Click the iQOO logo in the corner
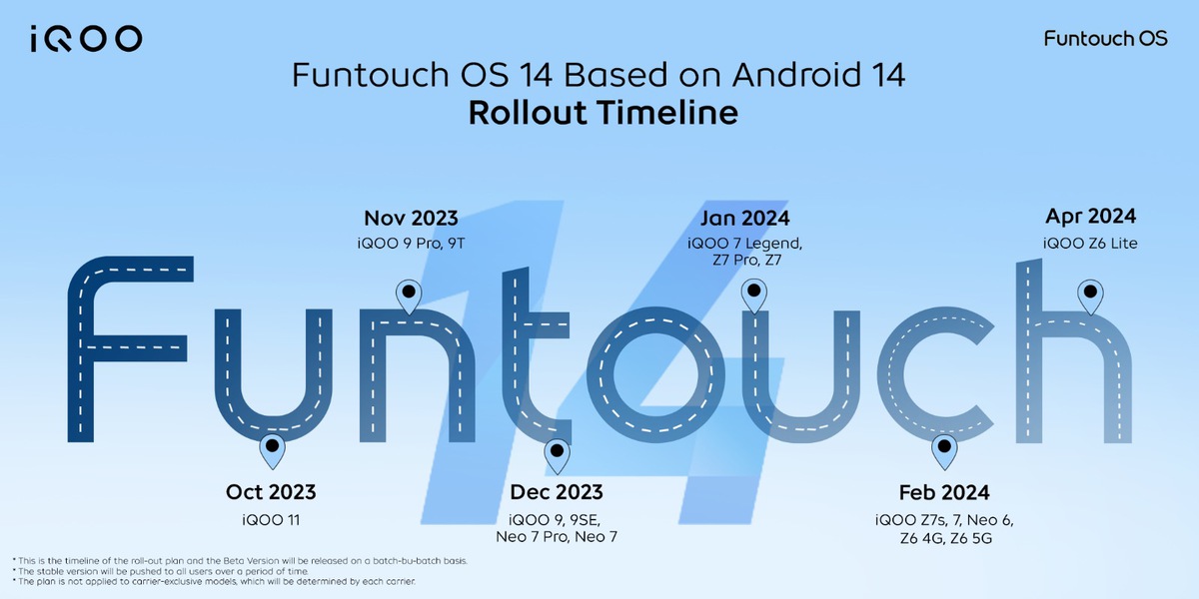(86, 39)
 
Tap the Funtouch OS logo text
(1104, 39)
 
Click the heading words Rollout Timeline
(602, 112)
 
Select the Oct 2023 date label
(271, 492)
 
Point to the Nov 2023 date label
(411, 219)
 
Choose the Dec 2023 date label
(557, 492)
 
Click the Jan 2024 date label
(744, 219)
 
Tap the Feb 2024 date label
(943, 492)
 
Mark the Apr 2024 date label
(1090, 217)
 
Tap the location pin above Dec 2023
(557, 455)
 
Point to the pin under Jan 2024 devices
(754, 296)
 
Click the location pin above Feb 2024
(943, 451)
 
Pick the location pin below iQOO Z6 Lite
(1090, 296)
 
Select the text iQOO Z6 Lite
(1090, 244)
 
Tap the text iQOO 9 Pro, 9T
(411, 244)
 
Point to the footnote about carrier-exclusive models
(216, 581)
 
